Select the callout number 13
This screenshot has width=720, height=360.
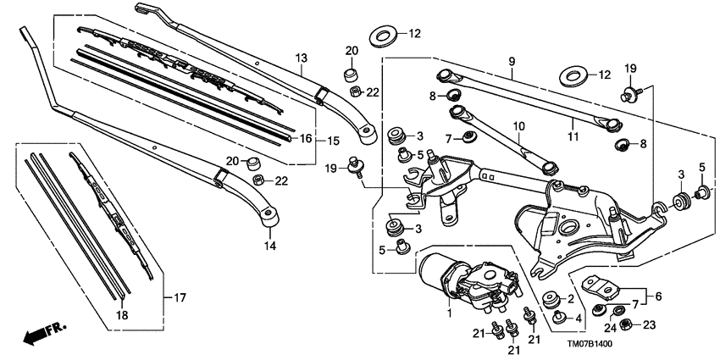click(x=300, y=58)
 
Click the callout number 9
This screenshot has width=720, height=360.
click(x=512, y=62)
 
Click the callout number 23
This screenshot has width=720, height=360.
click(x=651, y=324)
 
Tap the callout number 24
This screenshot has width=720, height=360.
click(x=608, y=327)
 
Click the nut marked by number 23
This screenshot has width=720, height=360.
click(x=624, y=324)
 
